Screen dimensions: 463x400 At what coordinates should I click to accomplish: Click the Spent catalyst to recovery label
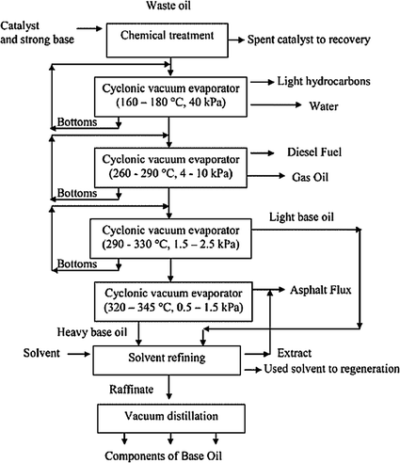tap(311, 40)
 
